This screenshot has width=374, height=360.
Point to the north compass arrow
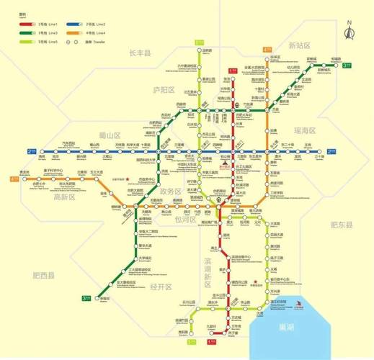click(x=349, y=31)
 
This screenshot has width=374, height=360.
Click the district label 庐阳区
click(x=164, y=89)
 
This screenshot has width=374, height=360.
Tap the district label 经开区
click(x=162, y=287)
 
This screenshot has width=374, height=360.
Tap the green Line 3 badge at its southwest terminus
click(x=86, y=297)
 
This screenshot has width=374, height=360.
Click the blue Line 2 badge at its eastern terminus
click(x=331, y=151)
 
